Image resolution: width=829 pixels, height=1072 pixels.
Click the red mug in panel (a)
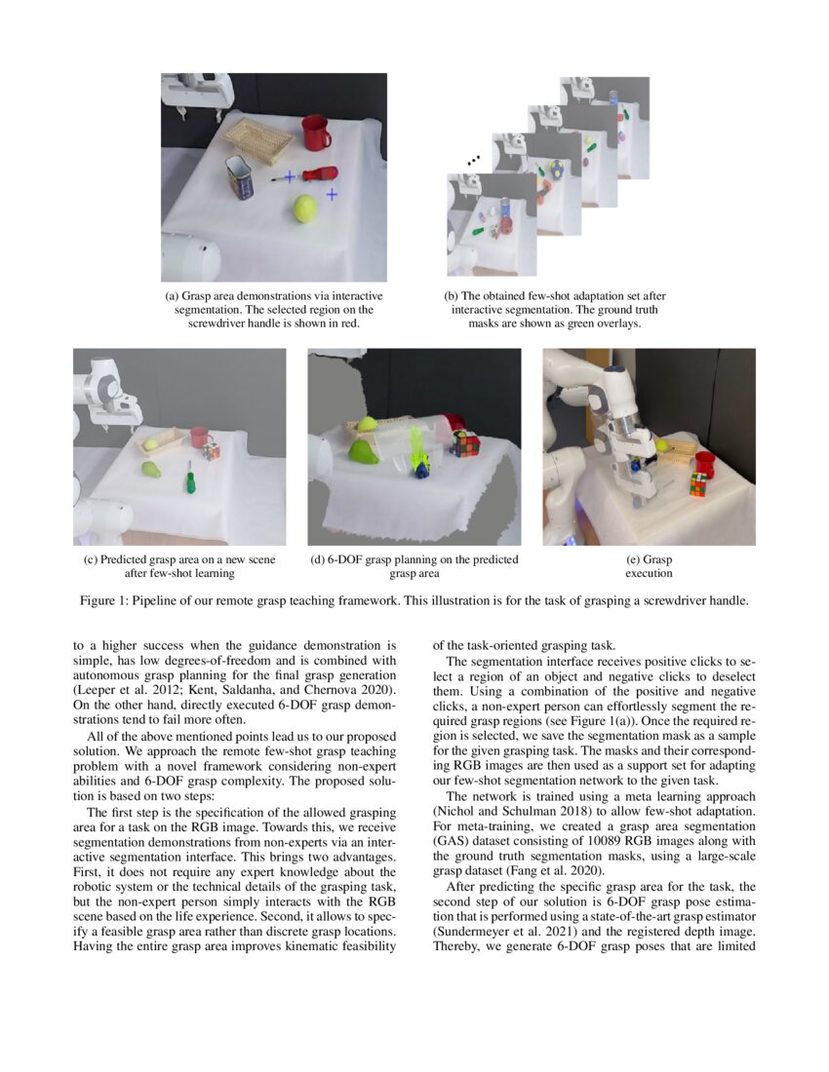pos(315,133)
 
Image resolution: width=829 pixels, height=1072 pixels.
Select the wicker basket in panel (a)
pos(258,139)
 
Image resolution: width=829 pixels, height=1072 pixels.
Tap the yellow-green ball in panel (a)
pos(305,208)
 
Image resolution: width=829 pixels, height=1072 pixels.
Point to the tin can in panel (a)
pos(239,177)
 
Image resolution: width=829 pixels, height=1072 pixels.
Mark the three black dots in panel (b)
pos(475,158)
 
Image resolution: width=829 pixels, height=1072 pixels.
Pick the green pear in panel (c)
pos(151,470)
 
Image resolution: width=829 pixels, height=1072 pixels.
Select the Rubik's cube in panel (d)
pos(464,444)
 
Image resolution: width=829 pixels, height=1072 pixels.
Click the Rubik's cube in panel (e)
pos(697,483)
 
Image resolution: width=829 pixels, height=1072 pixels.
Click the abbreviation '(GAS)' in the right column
pos(451,841)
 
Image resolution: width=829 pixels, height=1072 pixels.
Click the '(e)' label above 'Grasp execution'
pos(637,559)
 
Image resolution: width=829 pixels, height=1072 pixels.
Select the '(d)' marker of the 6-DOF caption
pos(317,559)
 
